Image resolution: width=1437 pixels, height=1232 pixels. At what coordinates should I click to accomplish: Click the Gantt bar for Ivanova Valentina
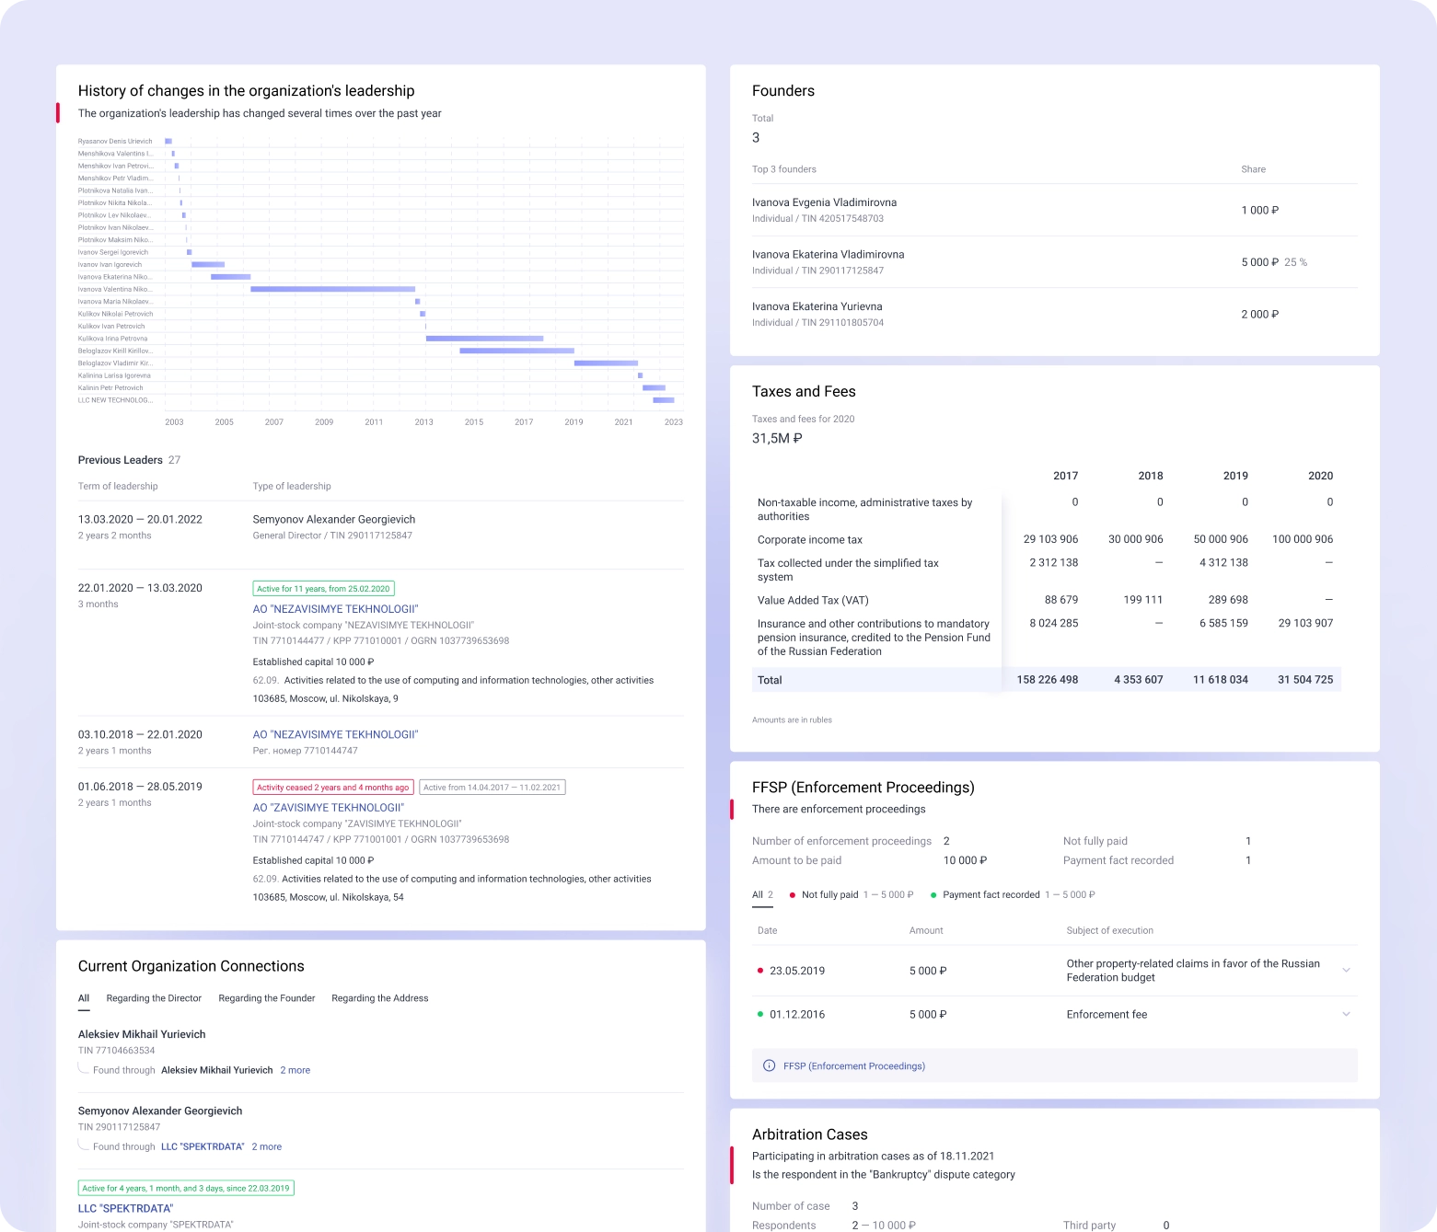click(332, 289)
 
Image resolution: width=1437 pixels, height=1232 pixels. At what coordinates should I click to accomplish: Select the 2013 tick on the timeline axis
click(423, 422)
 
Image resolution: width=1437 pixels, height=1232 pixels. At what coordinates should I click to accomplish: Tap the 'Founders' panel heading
click(782, 91)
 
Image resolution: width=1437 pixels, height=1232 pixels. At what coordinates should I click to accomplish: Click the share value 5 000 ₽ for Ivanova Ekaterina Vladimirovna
click(1259, 262)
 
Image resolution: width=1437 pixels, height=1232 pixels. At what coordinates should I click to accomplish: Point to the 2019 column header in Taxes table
click(1234, 476)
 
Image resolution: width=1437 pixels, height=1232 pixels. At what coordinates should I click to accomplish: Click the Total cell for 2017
click(1047, 680)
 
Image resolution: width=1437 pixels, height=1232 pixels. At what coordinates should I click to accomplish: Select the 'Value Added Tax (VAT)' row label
click(812, 600)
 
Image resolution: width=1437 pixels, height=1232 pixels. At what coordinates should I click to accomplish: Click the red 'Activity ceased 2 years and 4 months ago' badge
click(332, 788)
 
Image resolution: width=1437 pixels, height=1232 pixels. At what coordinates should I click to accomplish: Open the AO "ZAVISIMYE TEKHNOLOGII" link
click(328, 808)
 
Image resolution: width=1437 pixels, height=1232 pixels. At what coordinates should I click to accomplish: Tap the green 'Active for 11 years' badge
click(323, 589)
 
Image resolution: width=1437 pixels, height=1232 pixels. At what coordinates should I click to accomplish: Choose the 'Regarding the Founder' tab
click(266, 998)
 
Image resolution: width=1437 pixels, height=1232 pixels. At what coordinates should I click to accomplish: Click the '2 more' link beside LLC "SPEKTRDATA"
click(266, 1146)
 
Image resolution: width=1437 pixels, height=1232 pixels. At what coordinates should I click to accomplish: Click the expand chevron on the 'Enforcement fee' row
click(1346, 1014)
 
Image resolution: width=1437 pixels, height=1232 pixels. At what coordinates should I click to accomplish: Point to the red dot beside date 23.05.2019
click(759, 971)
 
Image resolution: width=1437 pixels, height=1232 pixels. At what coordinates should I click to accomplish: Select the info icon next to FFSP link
click(769, 1065)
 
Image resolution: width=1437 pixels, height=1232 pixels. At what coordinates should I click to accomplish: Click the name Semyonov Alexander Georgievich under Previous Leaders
click(333, 520)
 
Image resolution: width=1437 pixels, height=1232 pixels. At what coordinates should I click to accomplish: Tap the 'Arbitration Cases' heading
click(809, 1134)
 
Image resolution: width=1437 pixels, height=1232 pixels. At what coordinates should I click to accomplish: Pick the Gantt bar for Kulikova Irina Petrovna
click(484, 339)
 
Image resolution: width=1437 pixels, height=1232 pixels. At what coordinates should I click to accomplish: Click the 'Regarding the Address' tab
click(379, 998)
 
